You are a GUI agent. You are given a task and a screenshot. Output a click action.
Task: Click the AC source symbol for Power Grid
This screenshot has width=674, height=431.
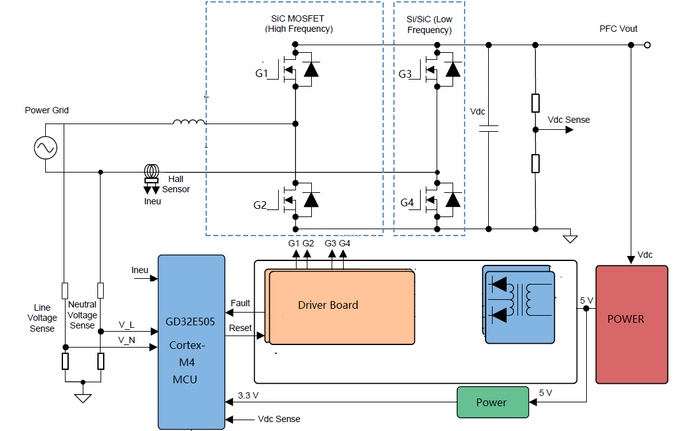coord(46,148)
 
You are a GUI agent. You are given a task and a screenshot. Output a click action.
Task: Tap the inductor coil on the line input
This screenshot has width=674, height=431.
coord(189,122)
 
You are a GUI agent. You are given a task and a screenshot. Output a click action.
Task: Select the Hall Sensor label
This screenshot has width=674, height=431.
coord(176,184)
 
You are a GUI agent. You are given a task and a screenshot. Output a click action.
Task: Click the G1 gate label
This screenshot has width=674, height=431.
coord(262,74)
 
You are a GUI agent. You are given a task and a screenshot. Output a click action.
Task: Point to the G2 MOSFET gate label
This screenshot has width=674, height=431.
coord(260,205)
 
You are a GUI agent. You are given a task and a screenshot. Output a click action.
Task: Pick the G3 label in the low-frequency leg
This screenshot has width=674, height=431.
coord(405,74)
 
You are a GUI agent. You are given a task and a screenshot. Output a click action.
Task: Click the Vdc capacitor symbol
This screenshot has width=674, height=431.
coord(488,129)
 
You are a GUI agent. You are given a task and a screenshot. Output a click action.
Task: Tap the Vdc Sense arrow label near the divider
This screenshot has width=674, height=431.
coord(568,120)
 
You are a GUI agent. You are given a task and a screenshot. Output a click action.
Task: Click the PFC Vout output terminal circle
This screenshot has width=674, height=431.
coord(647,45)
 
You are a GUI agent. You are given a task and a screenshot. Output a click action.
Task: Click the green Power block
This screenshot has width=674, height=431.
coord(492,402)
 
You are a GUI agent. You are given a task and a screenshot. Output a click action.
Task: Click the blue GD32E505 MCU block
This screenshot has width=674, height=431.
coord(191,341)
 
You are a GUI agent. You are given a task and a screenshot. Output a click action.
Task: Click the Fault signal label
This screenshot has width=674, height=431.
coord(241,303)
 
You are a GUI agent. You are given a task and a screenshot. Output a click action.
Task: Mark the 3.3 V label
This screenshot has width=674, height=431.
coord(248,395)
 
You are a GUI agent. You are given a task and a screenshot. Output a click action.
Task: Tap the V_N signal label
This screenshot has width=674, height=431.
coord(127,341)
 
